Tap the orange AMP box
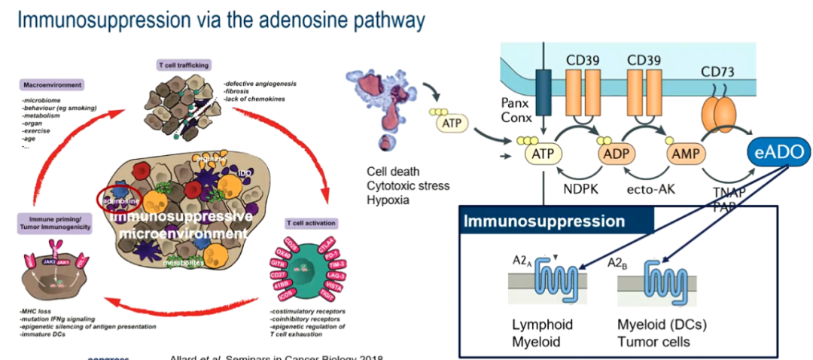click(686, 152)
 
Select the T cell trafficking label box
click(184, 65)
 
